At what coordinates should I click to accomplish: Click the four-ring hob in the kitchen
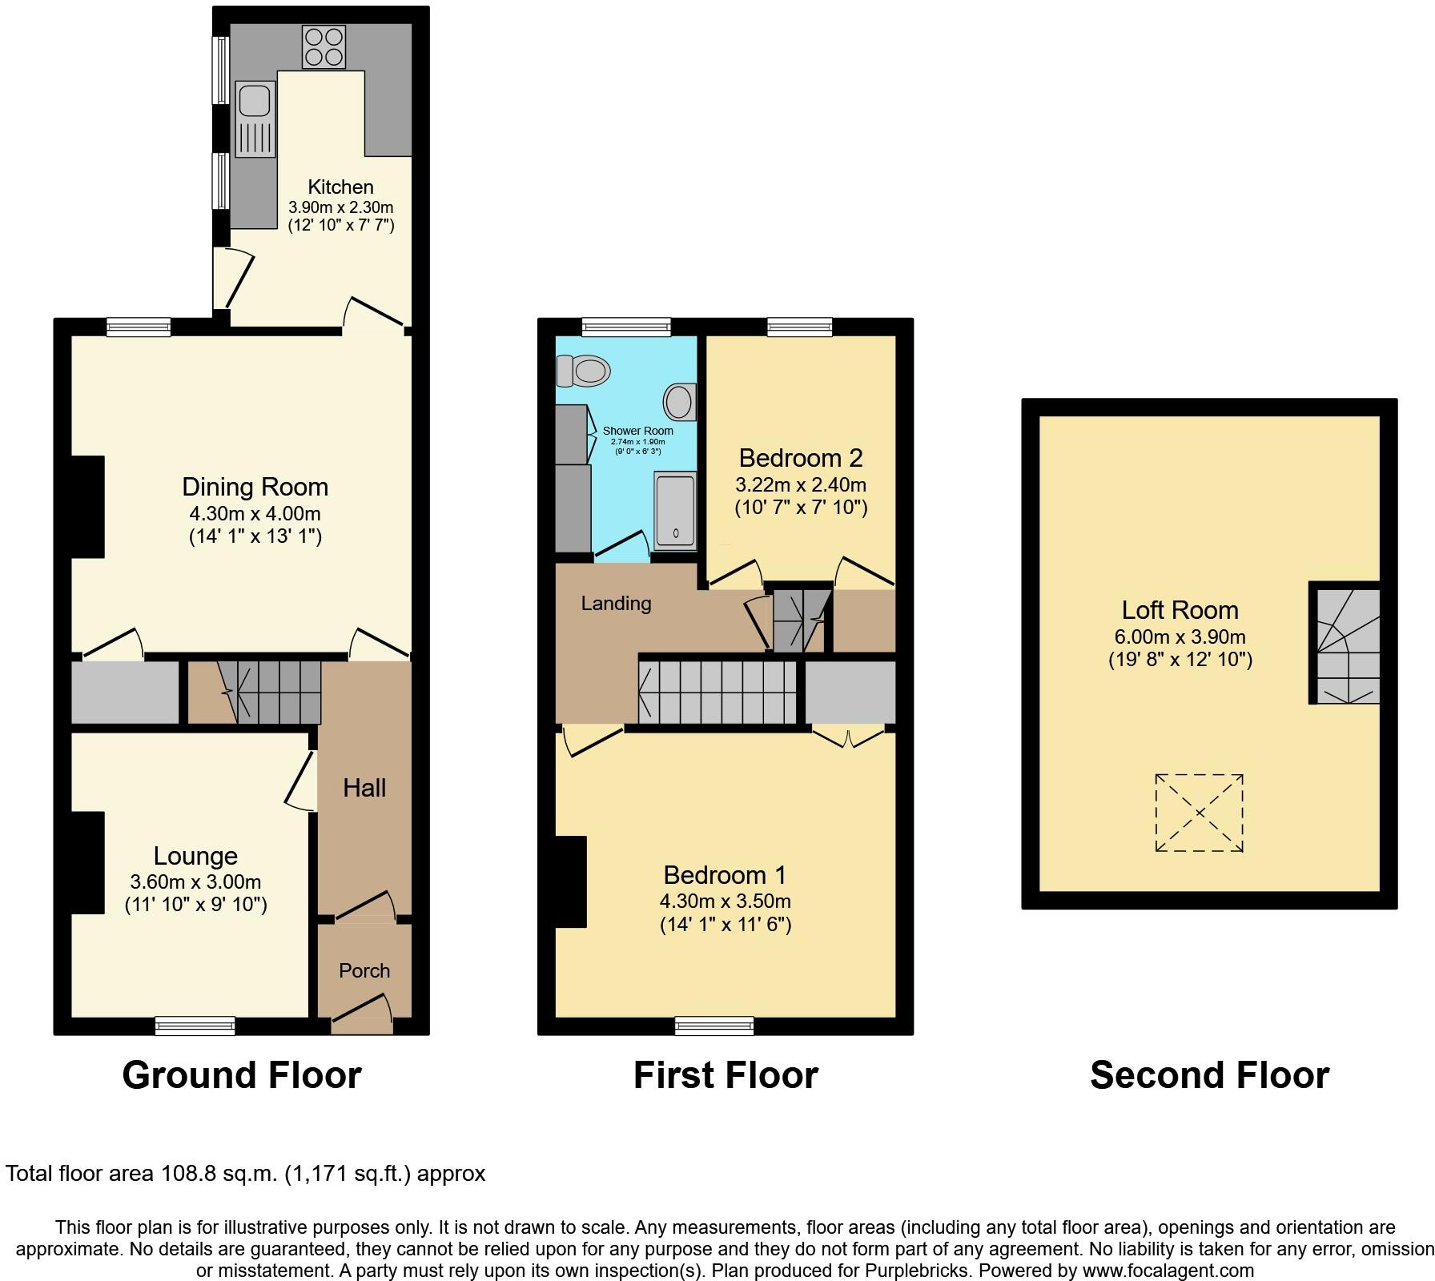(x=324, y=47)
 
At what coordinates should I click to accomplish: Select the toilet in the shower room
(x=585, y=371)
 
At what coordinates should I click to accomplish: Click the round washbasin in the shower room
(x=680, y=401)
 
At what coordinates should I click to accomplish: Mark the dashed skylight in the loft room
(x=1199, y=813)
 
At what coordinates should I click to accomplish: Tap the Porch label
(x=364, y=970)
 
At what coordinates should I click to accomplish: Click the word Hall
(x=364, y=788)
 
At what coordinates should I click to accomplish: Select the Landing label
(x=616, y=603)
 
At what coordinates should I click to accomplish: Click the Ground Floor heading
(x=241, y=1074)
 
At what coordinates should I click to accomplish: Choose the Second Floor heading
(x=1209, y=1074)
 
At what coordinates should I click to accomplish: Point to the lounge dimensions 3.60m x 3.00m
(x=195, y=882)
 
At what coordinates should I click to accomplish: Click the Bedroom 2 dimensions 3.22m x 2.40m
(x=801, y=484)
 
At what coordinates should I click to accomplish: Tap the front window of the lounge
(x=195, y=1025)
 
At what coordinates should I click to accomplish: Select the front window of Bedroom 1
(x=714, y=1025)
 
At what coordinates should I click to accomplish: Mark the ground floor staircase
(x=272, y=690)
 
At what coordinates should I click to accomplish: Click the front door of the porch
(x=362, y=1013)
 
